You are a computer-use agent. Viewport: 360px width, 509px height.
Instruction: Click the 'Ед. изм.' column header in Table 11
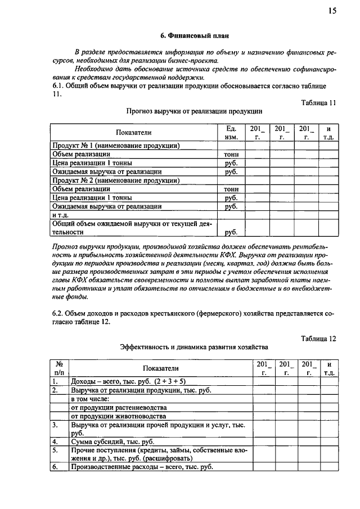(x=231, y=133)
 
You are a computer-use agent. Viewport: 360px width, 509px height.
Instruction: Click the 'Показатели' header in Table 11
(x=134, y=133)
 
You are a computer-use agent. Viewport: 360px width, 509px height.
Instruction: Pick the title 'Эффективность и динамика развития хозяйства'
(x=194, y=347)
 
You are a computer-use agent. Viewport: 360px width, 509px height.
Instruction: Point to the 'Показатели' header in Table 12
(x=160, y=368)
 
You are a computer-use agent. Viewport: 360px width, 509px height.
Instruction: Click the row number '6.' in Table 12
(x=55, y=467)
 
